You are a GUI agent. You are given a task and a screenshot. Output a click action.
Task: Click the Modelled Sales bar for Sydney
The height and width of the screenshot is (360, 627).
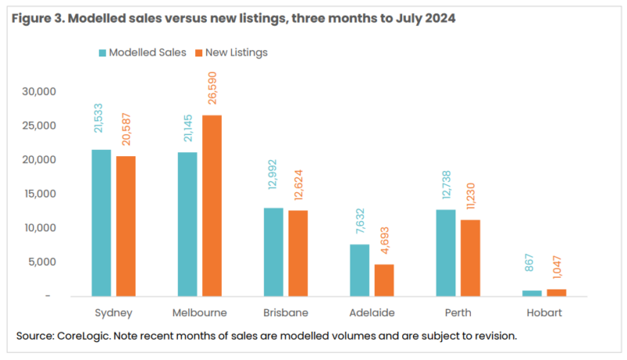(101, 223)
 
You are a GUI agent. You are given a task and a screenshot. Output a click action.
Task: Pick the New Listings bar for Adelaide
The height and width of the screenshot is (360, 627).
(383, 280)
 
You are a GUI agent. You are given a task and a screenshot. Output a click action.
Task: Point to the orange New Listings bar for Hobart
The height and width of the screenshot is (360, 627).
(556, 293)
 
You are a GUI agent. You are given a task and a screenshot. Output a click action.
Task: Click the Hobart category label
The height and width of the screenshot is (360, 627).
(545, 312)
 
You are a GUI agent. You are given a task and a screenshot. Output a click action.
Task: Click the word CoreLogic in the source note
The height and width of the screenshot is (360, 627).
(85, 336)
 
